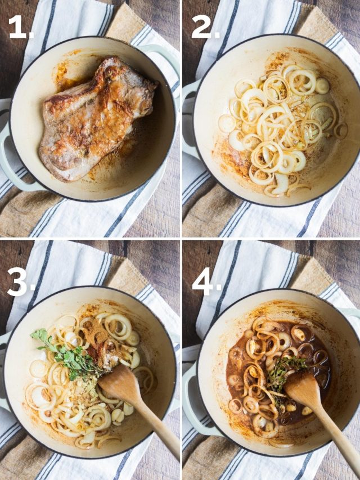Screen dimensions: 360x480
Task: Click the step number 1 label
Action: coord(20,27)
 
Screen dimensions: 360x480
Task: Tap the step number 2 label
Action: coord(206,27)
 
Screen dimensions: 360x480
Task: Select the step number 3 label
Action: coord(21,281)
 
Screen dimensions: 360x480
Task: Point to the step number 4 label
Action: coord(206,281)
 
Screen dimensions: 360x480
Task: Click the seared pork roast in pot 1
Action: coord(95,119)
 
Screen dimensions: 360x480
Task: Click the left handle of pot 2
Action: coord(189,119)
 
